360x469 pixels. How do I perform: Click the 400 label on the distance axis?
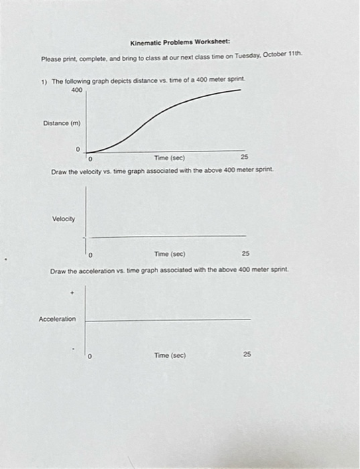click(76, 90)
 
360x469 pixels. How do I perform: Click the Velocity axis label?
click(64, 219)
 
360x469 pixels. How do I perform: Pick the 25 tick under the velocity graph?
click(245, 255)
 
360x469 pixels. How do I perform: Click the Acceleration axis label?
click(58, 319)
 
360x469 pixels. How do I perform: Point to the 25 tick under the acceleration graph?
click(247, 355)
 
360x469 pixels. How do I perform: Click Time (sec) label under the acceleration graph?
click(170, 355)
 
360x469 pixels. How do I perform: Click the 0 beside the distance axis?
click(78, 149)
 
